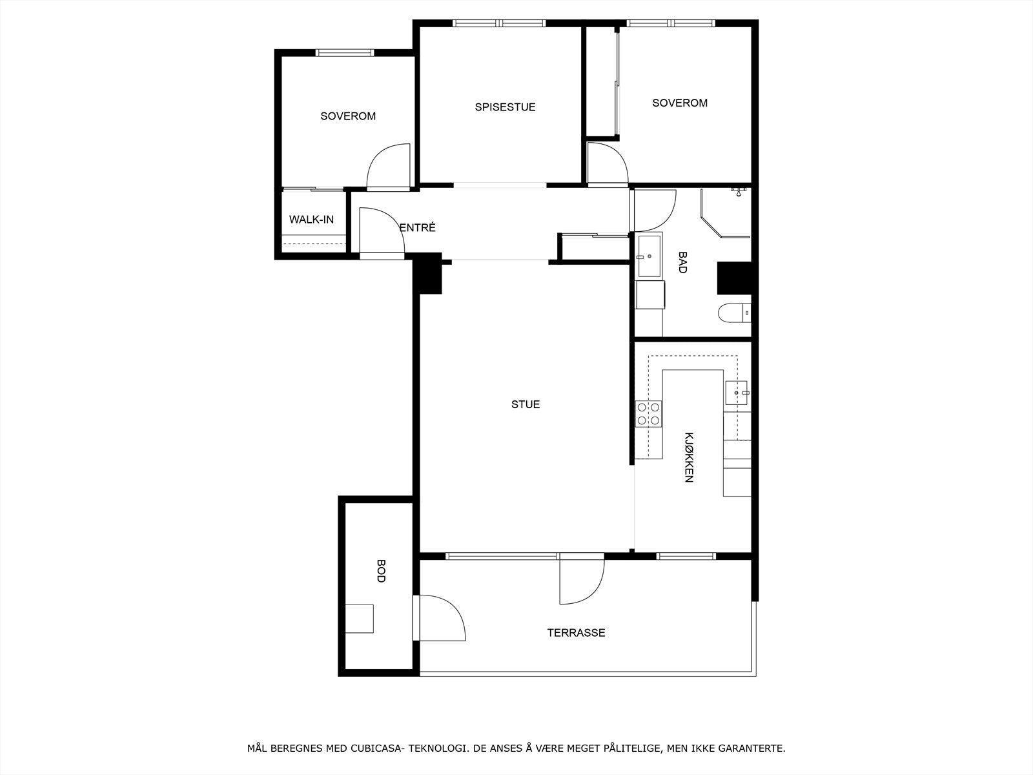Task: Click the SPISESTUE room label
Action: (505, 107)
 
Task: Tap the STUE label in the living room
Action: (526, 405)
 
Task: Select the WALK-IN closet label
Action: (311, 220)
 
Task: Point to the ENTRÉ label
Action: (418, 228)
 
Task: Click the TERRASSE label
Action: (576, 633)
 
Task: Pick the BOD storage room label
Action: (380, 571)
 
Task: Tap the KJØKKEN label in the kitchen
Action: (689, 457)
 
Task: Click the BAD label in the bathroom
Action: (682, 262)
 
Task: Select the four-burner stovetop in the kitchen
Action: (649, 413)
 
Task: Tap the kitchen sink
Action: (737, 392)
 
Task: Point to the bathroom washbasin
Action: (649, 256)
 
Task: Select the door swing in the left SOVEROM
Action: (389, 166)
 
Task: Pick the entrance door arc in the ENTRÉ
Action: (381, 231)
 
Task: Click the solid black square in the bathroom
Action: (734, 278)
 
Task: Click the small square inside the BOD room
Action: (359, 619)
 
